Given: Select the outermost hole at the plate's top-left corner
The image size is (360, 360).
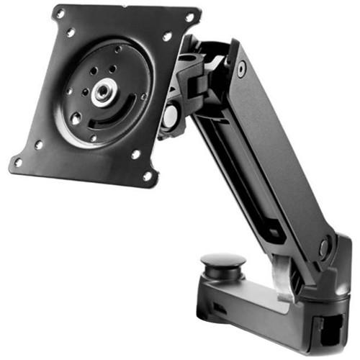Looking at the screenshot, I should point(60,14).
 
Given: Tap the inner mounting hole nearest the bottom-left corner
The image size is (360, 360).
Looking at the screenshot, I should point(38,144).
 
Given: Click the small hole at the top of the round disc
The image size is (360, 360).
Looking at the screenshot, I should point(117,50).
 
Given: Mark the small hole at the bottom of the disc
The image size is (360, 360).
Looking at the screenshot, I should point(92,138).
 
